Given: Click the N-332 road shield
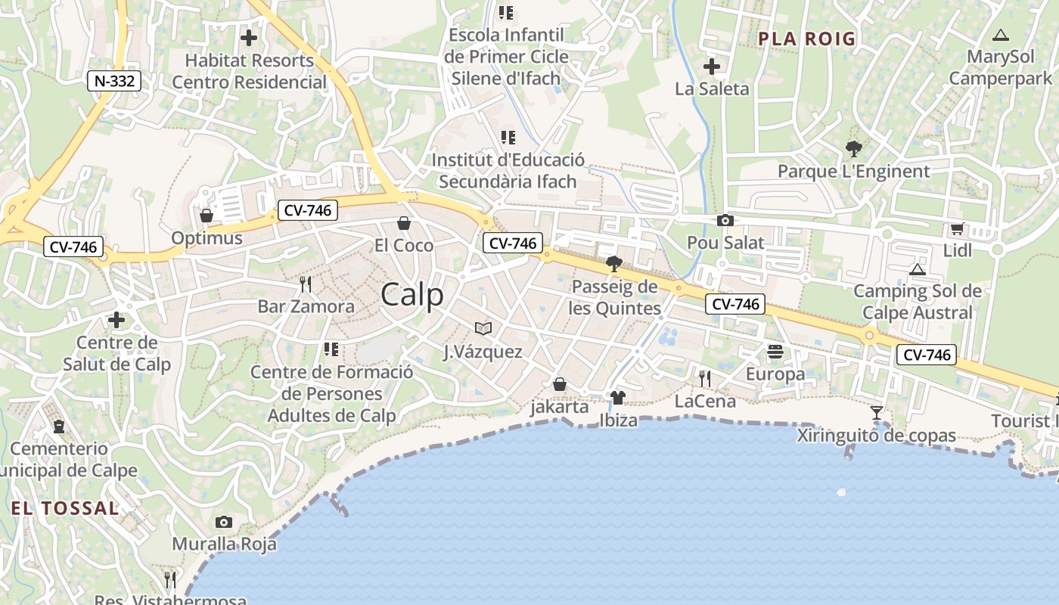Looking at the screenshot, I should (115, 81).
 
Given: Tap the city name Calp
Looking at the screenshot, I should (412, 294).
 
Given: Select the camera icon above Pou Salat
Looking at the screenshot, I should (725, 220).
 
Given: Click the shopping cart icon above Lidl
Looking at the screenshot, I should (957, 228).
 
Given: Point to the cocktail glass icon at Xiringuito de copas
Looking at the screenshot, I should (877, 413).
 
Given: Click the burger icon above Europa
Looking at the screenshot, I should (775, 352).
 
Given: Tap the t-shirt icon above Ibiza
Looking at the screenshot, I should (618, 398).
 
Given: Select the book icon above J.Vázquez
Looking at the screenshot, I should (483, 328).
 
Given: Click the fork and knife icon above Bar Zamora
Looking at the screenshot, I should (306, 284).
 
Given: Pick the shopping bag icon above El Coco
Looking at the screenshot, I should (404, 223).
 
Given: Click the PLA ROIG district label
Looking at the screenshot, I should (806, 39).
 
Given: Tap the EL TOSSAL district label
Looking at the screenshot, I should (65, 508).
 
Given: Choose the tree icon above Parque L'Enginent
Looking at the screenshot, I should (853, 149).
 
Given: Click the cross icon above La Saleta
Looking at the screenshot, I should (711, 67).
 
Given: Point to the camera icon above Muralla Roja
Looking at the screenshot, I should (224, 522).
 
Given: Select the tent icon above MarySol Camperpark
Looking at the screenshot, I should (1000, 35).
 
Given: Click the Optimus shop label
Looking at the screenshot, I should (207, 238).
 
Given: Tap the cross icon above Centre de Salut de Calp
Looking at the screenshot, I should (116, 321).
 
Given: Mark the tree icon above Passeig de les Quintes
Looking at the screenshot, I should (614, 264).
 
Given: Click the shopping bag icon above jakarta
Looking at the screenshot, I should (560, 385).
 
